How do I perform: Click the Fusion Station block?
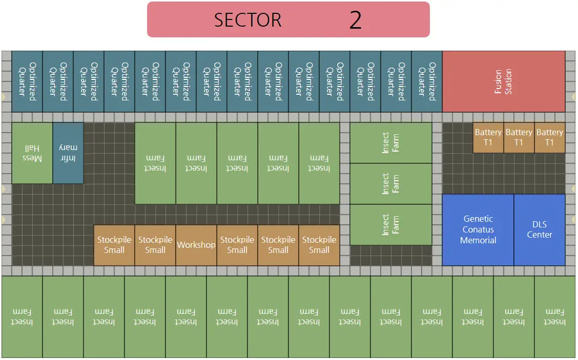(504, 81)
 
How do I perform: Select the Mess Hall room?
(32, 153)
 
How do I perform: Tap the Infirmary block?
(68, 153)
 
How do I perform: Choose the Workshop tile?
(196, 245)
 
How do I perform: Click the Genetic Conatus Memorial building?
(478, 230)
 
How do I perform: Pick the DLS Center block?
(540, 230)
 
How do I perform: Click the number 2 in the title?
(355, 20)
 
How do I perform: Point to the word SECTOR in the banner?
(247, 20)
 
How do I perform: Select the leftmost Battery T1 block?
(488, 138)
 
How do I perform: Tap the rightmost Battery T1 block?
(550, 138)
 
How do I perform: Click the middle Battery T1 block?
(519, 138)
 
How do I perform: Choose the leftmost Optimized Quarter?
(27, 81)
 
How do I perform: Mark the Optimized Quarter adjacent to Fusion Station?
(427, 81)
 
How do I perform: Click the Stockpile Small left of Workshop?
(155, 245)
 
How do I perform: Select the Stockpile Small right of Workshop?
(237, 245)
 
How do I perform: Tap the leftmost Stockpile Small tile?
(114, 245)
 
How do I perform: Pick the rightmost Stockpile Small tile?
(319, 245)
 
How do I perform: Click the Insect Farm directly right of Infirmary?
(155, 163)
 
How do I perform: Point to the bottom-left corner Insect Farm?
(22, 317)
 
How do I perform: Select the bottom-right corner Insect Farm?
(555, 317)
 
